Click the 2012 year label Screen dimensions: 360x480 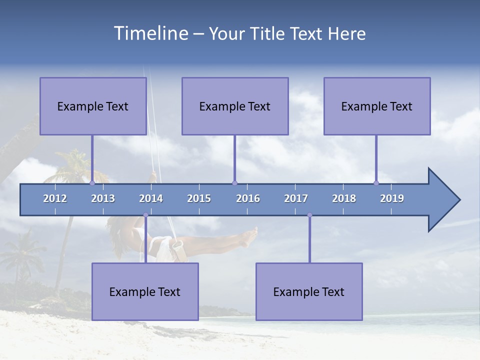(55, 198)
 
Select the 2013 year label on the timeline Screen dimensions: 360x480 (103, 198)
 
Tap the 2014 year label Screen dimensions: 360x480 (151, 198)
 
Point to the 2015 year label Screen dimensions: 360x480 (199, 198)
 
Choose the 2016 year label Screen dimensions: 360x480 (248, 198)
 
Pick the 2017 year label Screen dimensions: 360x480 (296, 198)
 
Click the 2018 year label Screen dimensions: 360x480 (344, 198)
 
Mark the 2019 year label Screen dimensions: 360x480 (392, 198)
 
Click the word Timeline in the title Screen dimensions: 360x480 (150, 33)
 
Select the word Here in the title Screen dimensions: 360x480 (347, 33)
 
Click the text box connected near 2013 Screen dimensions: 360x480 (93, 106)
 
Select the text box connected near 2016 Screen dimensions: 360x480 (235, 106)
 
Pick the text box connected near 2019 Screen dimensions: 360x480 (377, 106)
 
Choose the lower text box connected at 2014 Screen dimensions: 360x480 (145, 291)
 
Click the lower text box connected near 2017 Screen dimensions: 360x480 (309, 291)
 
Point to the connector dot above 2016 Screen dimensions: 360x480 (234, 183)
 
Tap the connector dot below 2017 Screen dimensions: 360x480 (309, 215)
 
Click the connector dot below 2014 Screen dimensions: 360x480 (145, 215)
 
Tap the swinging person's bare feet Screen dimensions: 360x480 (249, 237)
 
